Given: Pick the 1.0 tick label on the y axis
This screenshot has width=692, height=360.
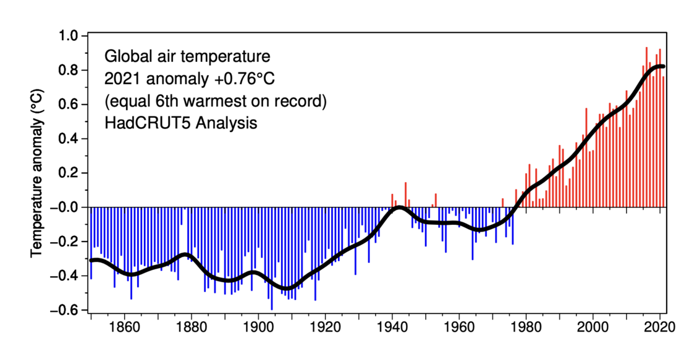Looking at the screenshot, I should coord(69,36).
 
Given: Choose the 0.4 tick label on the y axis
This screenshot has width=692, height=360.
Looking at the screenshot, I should coord(69,138).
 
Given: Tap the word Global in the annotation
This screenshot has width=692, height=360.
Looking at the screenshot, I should coord(124,56).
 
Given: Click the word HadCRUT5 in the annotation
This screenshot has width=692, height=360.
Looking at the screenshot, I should coord(143,123).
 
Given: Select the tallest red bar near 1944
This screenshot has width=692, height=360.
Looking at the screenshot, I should coord(405,195).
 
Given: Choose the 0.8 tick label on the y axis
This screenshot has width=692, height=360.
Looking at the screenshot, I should coord(69,70).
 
